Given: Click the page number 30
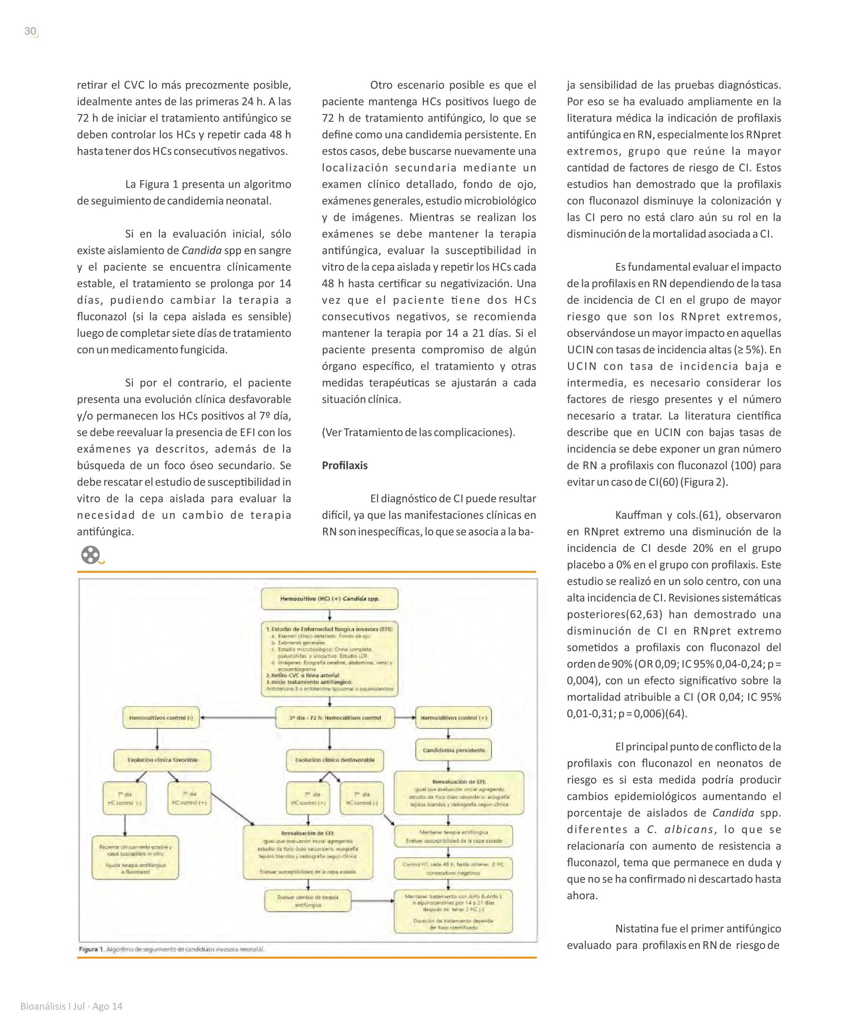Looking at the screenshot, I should coord(30,32).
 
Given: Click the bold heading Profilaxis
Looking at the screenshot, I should coord(344,465).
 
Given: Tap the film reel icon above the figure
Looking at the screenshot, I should coord(90,555).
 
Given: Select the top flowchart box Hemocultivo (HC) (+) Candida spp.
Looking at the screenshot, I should coord(330,599).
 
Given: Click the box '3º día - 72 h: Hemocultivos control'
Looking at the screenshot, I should coord(335,718).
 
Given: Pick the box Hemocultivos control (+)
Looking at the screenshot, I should coord(454,718).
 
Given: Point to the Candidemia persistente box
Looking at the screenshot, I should coord(454,750).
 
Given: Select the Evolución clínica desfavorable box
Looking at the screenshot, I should coord(335,760).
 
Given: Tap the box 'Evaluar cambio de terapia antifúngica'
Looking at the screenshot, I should coord(307,901).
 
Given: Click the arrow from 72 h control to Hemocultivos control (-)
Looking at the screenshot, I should coord(237,718).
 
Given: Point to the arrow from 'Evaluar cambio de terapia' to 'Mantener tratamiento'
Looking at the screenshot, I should coord(372,901).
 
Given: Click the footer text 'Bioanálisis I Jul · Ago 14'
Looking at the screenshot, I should coord(71,1007).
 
